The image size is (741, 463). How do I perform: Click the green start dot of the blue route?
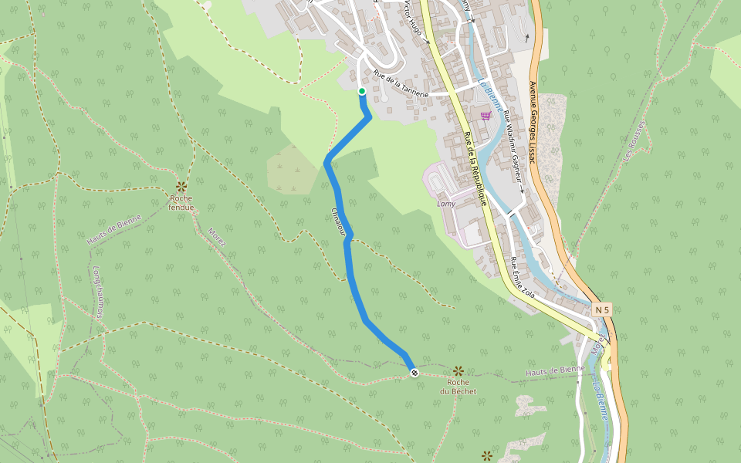[x=361, y=92]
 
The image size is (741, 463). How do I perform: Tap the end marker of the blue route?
[x=414, y=373]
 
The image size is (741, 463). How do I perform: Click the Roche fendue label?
[x=181, y=202]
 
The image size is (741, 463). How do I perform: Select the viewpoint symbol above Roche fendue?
[x=181, y=186]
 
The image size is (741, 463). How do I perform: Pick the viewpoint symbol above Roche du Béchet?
[x=458, y=371]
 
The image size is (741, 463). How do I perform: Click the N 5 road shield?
[x=602, y=310]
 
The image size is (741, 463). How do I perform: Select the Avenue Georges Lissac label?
[x=533, y=120]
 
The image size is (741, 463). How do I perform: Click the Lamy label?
[x=446, y=204]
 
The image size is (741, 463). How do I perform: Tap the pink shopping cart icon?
[x=486, y=116]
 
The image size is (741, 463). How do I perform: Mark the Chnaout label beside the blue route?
[x=337, y=221]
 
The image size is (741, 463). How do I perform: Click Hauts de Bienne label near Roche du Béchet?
[x=555, y=372]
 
